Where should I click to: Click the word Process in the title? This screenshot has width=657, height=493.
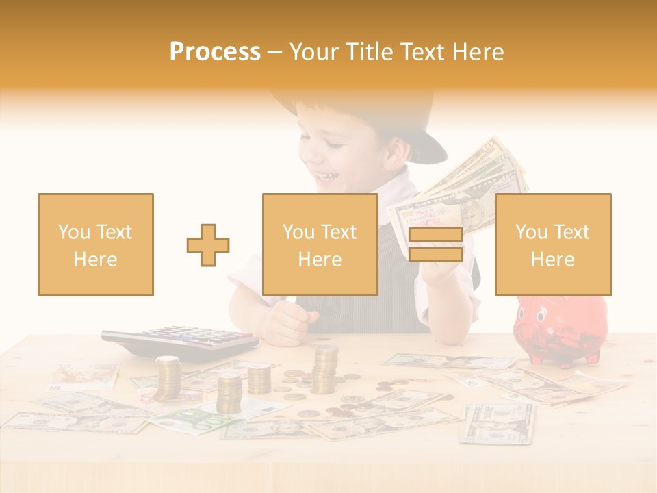click(x=215, y=52)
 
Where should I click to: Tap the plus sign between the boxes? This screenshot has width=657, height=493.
click(x=208, y=244)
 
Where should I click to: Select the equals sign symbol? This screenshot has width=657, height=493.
click(x=435, y=244)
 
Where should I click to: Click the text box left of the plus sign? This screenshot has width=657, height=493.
click(x=95, y=244)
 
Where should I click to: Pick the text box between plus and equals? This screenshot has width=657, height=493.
click(x=320, y=244)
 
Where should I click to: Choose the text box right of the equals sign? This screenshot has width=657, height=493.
click(x=552, y=244)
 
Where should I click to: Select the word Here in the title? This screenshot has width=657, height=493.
click(x=481, y=52)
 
